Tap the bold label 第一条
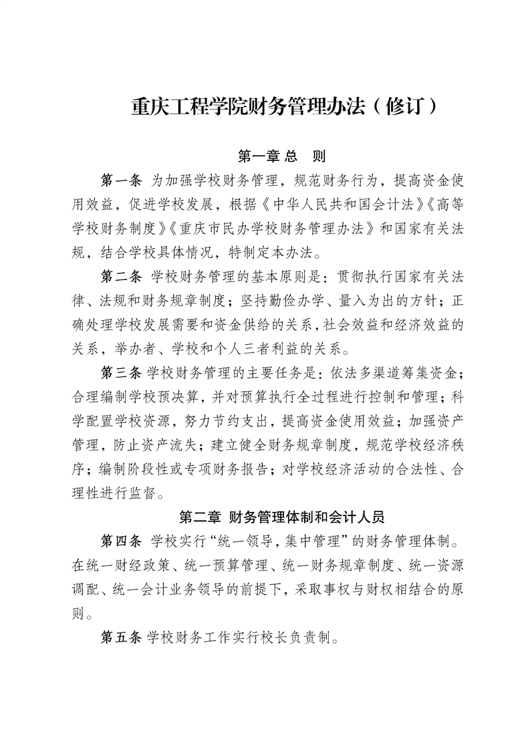(121, 180)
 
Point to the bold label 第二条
(121, 275)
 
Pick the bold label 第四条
(121, 539)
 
